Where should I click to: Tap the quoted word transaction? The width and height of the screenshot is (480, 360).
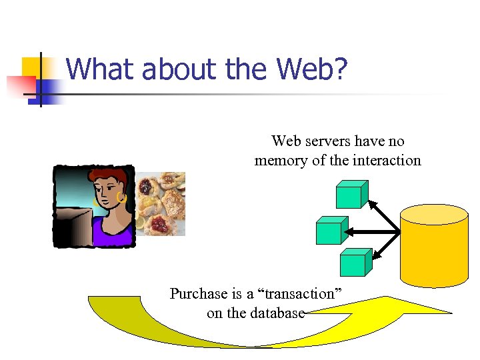click(294, 294)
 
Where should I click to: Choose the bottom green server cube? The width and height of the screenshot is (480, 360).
click(353, 263)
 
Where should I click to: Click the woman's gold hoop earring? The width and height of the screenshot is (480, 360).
click(121, 197)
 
